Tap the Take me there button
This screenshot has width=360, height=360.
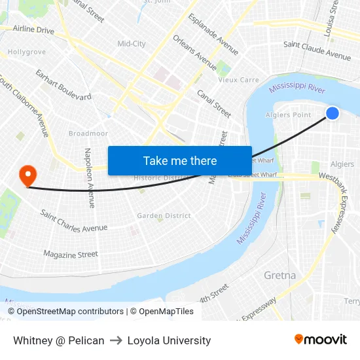coord(180,160)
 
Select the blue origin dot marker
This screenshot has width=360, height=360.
coord(333,113)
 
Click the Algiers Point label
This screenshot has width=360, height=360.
coord(289,115)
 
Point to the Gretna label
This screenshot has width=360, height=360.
coord(279,276)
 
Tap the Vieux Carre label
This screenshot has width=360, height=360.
coord(238,80)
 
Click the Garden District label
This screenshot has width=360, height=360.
coord(164,215)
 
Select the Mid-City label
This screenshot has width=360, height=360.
coord(131,44)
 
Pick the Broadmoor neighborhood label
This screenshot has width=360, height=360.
coord(88,134)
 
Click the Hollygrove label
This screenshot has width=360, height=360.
coord(27,52)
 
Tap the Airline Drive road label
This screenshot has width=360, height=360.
coord(33,29)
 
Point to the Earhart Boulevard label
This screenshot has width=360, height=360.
coord(63,85)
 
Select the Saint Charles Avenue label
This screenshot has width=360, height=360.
coord(73,221)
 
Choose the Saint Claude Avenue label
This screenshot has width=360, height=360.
coord(317,50)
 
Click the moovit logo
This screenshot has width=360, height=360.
coord(320,340)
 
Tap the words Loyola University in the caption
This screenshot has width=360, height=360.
coord(169,340)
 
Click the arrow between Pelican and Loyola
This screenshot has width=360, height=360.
coord(116,340)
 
